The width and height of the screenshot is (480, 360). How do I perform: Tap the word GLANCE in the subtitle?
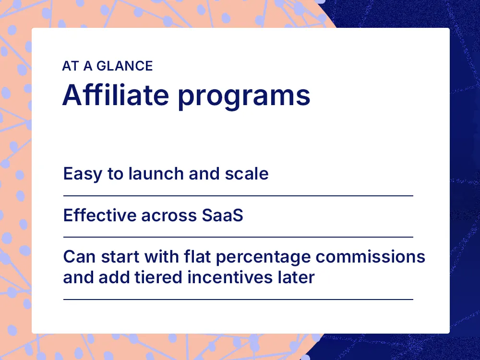pos(125,66)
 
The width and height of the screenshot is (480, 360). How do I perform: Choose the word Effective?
pos(99,215)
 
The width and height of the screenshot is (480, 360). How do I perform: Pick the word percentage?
pos(263,258)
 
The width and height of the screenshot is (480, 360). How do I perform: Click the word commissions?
pos(370,256)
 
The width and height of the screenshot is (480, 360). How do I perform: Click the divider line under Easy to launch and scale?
pos(238,196)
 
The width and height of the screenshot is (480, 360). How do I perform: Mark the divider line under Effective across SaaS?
pos(238,237)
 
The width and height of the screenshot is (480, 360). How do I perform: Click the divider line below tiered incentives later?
pos(238,299)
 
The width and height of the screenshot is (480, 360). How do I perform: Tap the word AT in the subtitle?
pos(70,66)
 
